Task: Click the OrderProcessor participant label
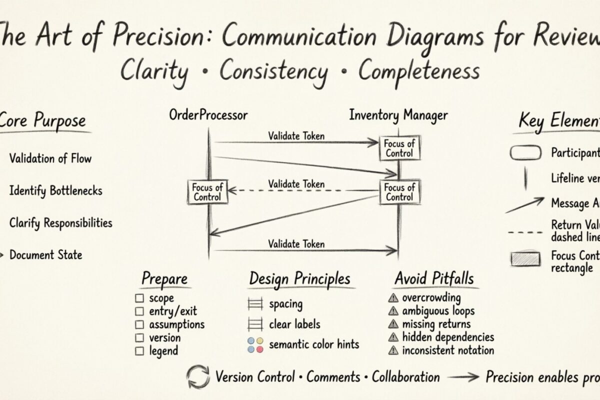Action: (208, 115)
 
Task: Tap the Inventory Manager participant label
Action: (398, 115)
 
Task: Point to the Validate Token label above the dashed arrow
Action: (296, 184)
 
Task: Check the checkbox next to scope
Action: (140, 298)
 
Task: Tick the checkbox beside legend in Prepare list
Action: (140, 351)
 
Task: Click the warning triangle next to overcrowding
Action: (393, 298)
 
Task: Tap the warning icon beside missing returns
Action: (393, 324)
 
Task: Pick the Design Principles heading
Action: (299, 278)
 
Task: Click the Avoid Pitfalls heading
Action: (434, 278)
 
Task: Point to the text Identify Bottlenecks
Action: (56, 190)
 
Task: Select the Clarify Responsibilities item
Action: (60, 223)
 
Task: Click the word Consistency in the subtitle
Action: (274, 71)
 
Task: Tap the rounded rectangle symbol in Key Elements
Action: (525, 152)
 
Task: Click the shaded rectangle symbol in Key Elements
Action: (525, 259)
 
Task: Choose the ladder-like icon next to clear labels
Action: (255, 324)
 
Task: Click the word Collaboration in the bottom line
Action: (405, 377)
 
